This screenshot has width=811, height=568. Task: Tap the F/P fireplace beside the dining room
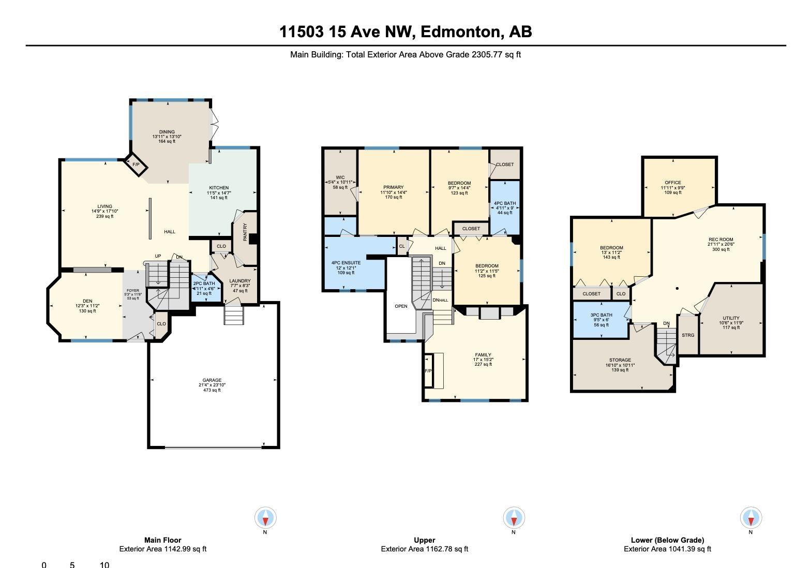[136, 165]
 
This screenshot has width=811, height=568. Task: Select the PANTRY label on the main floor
[245, 232]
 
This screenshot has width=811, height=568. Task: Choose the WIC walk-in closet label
[340, 177]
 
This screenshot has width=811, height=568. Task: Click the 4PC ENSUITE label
[346, 263]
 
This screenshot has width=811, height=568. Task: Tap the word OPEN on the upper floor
[401, 306]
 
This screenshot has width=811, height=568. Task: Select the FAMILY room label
[483, 355]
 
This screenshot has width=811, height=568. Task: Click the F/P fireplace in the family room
[428, 371]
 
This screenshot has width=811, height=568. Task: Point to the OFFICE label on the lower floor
[673, 183]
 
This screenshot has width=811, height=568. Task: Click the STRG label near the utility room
[688, 335]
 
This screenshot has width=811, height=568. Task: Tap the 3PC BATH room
[602, 320]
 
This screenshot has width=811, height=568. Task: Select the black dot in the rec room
[677, 289]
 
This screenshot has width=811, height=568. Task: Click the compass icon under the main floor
[265, 517]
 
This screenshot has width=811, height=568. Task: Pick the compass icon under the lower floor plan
[751, 517]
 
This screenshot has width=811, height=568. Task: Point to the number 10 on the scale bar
[104, 565]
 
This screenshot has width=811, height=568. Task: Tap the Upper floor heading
[424, 540]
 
